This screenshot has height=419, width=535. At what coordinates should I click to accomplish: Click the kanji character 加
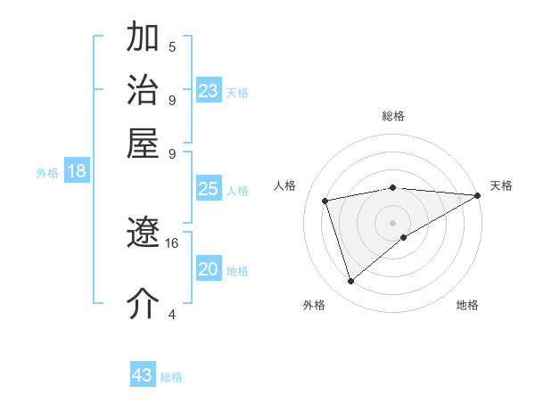tap(144, 40)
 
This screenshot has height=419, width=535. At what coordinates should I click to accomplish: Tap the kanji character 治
tap(144, 92)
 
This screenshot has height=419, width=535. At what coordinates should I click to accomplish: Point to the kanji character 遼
tap(144, 234)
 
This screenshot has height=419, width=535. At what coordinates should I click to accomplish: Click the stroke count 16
tap(172, 242)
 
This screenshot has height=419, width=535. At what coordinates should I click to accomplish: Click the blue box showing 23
tap(208, 91)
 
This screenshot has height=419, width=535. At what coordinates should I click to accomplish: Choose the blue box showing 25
tap(208, 189)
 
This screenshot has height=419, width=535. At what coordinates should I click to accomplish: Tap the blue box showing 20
tap(208, 269)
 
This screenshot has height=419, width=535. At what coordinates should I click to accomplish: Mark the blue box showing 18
tap(76, 171)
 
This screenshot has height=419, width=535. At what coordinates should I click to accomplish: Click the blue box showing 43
tap(142, 375)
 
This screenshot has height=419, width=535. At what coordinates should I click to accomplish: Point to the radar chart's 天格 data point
tap(477, 196)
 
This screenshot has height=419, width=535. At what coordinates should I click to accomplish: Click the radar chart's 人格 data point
tap(325, 200)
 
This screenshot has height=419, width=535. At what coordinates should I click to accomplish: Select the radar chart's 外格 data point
tap(350, 282)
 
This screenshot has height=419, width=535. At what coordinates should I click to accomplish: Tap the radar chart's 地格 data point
tap(404, 236)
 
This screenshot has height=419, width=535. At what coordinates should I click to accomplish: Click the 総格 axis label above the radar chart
tap(393, 116)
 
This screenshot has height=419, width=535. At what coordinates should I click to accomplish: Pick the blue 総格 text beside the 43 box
tap(171, 377)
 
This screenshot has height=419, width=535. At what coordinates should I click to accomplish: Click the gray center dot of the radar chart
tap(393, 221)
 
